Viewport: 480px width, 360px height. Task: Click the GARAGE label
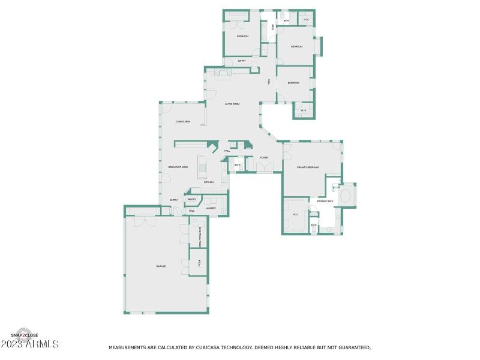coord(161,266)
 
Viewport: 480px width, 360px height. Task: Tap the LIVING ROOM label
coord(232,104)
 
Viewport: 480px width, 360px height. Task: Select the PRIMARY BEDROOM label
coord(308,167)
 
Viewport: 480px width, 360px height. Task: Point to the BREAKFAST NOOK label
coord(178,167)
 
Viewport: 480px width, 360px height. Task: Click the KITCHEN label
coord(208,182)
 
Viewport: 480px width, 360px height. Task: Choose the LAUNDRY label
coord(211,208)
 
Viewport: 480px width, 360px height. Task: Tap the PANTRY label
coord(192,199)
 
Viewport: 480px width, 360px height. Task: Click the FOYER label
coord(263,158)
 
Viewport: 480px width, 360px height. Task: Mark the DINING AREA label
coord(183,122)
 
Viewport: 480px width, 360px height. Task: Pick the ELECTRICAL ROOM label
coord(200,236)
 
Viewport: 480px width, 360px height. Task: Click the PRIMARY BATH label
coord(325,201)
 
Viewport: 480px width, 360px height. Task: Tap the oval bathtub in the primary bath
coord(347,196)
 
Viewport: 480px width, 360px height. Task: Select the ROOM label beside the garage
coord(199,262)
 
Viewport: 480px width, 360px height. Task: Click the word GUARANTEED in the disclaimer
coord(355,347)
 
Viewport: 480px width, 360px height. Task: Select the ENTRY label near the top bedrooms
coord(242,61)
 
